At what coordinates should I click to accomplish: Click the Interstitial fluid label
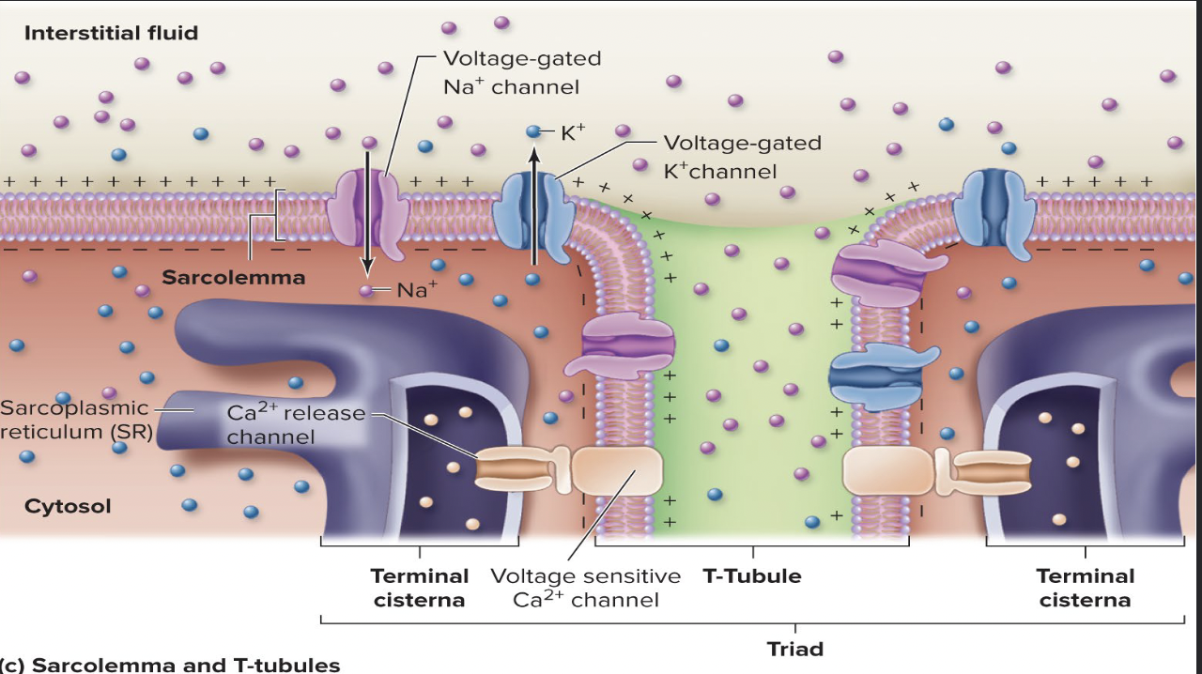111,34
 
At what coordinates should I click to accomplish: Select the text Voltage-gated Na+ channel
521,72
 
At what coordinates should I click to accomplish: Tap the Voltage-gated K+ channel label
742,157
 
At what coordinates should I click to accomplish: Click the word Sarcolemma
233,278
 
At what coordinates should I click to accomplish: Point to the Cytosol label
68,507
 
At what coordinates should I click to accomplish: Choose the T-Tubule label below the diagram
751,576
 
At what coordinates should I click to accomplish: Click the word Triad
794,649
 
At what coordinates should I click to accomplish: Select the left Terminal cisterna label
419,588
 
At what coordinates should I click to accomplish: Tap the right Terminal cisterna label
1085,588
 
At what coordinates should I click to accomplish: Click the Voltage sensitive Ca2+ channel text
585,588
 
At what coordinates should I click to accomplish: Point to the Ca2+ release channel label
295,424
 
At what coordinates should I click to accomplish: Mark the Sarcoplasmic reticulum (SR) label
75,420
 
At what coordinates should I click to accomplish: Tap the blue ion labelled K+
533,132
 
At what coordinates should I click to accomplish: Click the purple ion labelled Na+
367,290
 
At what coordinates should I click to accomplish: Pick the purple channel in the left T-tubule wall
627,344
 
